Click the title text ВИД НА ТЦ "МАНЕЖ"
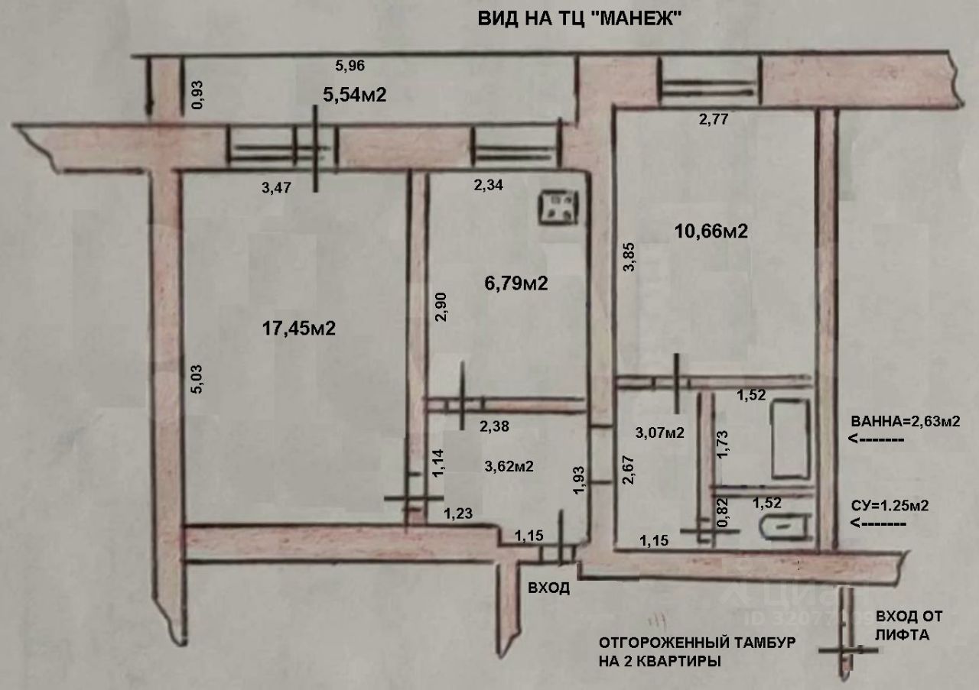pyautogui.click(x=580, y=18)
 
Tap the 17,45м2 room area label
pyautogui.click(x=299, y=329)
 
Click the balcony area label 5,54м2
pyautogui.click(x=354, y=95)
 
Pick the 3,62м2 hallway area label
pyautogui.click(x=509, y=465)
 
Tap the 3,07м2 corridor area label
pyautogui.click(x=659, y=432)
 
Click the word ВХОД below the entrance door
pyautogui.click(x=549, y=588)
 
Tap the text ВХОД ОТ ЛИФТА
pyautogui.click(x=909, y=625)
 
